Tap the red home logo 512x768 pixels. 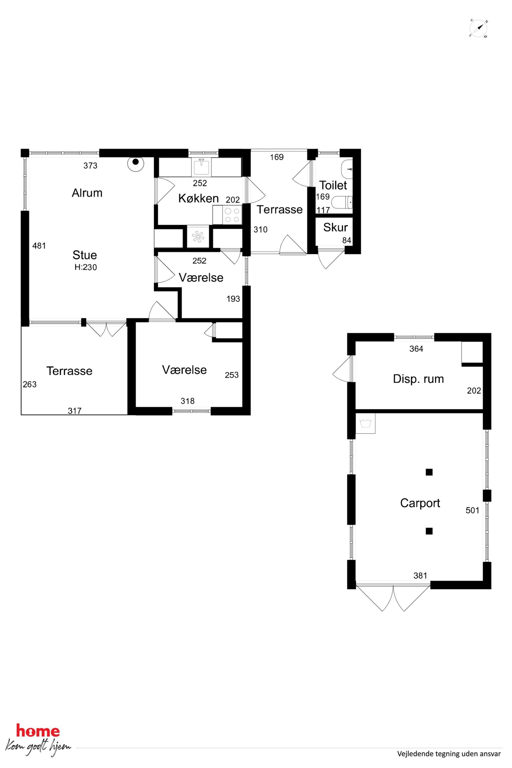[38, 731]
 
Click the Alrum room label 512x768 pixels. [87, 193]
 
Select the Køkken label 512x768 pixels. [198, 198]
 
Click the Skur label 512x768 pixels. [335, 227]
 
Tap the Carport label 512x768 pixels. [420, 503]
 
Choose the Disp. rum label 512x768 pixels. [418, 379]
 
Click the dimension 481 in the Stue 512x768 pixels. [39, 246]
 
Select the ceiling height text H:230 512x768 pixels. [86, 267]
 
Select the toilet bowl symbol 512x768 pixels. [342, 202]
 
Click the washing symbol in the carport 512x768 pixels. [365, 423]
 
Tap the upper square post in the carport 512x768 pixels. [429, 472]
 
